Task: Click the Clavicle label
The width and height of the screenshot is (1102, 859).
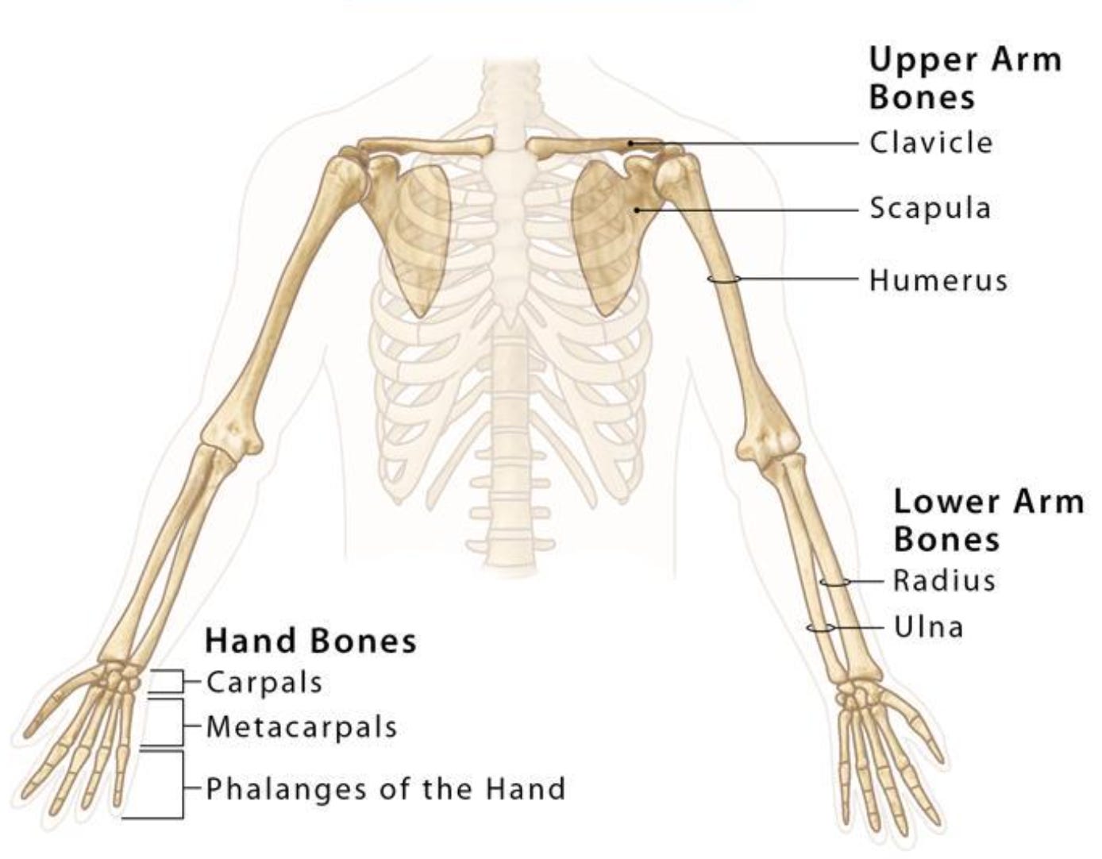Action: pyautogui.click(x=930, y=144)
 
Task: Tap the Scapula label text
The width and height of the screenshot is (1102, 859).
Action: pyautogui.click(x=930, y=209)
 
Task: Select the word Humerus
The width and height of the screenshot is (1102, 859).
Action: pyautogui.click(x=938, y=280)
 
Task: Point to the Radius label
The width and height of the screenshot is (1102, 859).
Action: pyautogui.click(x=943, y=580)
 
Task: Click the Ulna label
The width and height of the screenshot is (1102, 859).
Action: pyautogui.click(x=928, y=627)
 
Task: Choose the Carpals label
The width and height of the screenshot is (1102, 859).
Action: pyautogui.click(x=264, y=682)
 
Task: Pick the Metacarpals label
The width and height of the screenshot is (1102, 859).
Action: pyautogui.click(x=301, y=726)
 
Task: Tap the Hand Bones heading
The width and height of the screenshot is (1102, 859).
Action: pyautogui.click(x=310, y=641)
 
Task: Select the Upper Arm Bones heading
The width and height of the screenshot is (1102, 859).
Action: pyautogui.click(x=964, y=78)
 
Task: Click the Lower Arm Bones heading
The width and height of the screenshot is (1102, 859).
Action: pyautogui.click(x=988, y=520)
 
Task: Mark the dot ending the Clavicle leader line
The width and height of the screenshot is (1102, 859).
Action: pyautogui.click(x=630, y=144)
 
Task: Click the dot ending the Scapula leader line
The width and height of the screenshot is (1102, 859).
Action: pyautogui.click(x=637, y=210)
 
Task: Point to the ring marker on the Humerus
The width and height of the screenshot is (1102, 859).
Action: pyautogui.click(x=724, y=279)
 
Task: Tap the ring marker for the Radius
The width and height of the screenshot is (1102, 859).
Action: pyautogui.click(x=834, y=583)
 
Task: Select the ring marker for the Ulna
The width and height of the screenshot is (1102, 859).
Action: pyautogui.click(x=819, y=628)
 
